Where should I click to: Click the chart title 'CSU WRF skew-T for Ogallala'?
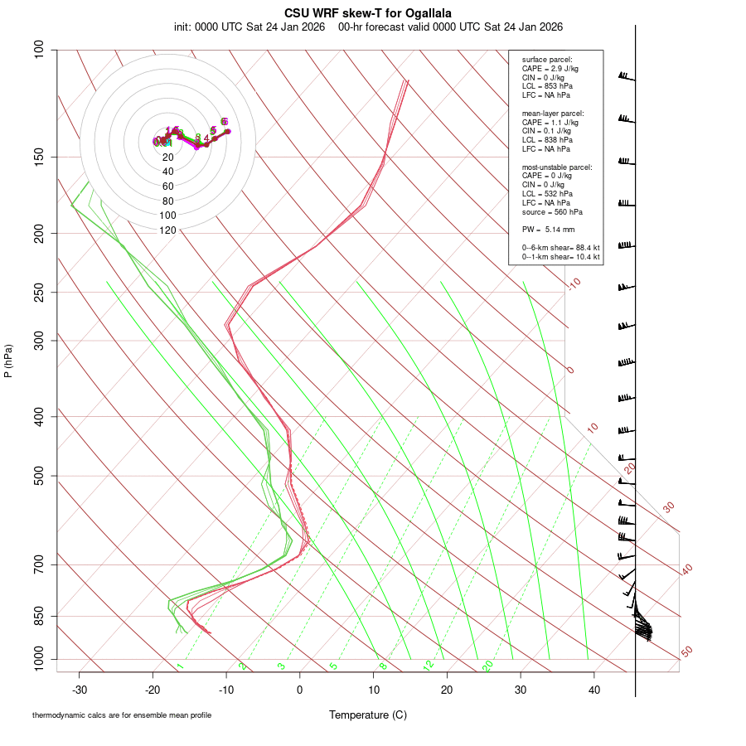click(x=368, y=13)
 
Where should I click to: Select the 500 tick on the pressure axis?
click(x=39, y=476)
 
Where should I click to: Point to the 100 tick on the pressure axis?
click(x=39, y=50)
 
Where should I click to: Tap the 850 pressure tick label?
click(x=39, y=616)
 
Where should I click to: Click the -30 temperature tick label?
click(x=80, y=690)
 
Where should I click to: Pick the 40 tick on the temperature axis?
click(x=594, y=690)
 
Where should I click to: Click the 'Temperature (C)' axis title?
click(x=368, y=715)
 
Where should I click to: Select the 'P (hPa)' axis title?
click(x=8, y=361)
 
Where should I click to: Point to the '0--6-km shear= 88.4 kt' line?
click(x=560, y=247)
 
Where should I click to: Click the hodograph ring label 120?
click(x=167, y=230)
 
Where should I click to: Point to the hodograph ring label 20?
click(x=167, y=157)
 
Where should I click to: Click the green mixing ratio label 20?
click(x=487, y=665)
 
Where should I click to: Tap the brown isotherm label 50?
click(x=686, y=652)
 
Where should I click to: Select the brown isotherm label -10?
click(x=574, y=283)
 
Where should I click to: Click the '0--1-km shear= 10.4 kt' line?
click(x=560, y=257)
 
